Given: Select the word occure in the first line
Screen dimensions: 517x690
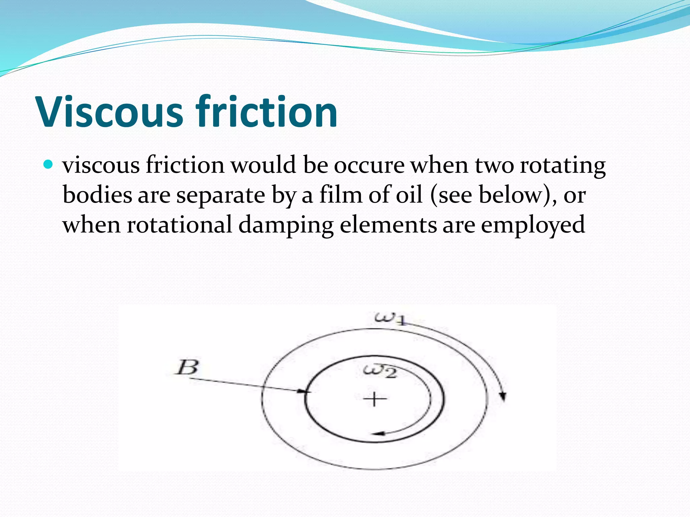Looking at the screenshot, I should click(369, 166).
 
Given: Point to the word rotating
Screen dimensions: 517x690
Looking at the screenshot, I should click(563, 166).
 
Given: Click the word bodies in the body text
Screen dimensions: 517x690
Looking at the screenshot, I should click(97, 195).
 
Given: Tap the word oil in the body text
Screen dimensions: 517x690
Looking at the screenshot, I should click(409, 195).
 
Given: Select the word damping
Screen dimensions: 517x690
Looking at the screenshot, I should click(286, 225).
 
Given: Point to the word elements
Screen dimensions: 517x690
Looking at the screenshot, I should click(388, 225).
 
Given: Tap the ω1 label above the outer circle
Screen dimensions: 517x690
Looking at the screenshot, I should click(390, 318).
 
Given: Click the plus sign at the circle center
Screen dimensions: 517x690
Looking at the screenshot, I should click(375, 400).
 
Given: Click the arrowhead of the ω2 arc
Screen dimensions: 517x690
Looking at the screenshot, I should click(379, 434).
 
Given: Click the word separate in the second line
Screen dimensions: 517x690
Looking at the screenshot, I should click(221, 195).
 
